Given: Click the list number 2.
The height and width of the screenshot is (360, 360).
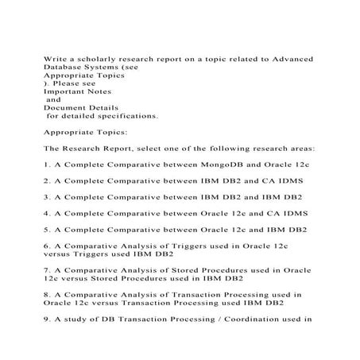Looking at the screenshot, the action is (x=46, y=180).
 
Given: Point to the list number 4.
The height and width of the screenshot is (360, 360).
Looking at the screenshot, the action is (x=46, y=213).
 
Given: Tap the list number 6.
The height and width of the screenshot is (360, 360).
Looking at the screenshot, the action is (x=46, y=246).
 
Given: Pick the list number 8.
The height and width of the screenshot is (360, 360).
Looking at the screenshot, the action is (x=46, y=294).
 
